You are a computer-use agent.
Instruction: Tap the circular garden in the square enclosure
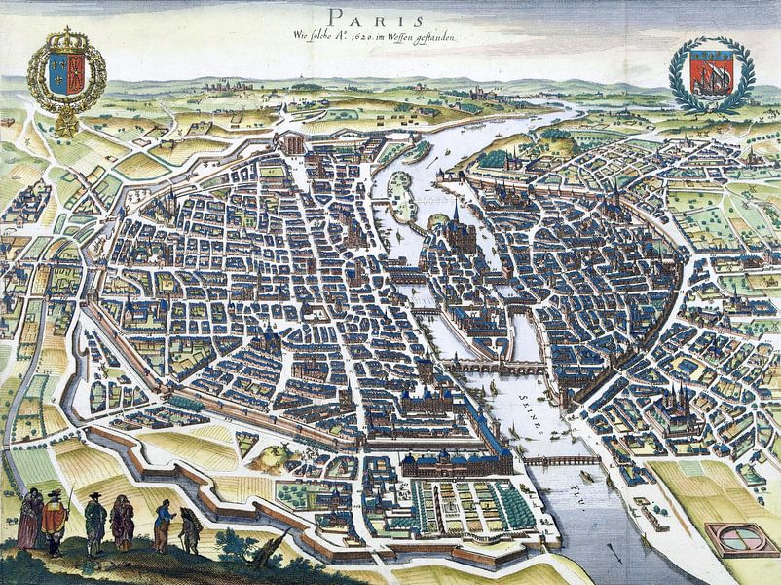click(736, 538)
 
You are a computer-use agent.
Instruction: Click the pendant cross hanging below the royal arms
click(65, 128)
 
